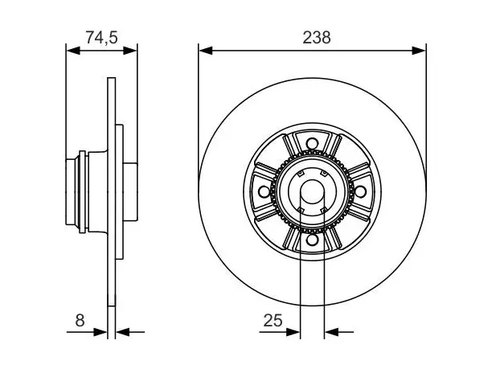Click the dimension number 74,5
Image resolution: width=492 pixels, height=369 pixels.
[x=101, y=37]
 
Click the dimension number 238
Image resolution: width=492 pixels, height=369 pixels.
[x=316, y=37]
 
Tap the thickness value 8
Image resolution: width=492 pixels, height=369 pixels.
[x=80, y=321]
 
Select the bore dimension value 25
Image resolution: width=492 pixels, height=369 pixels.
[x=273, y=321]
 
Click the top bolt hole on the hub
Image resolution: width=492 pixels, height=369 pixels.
[x=312, y=144]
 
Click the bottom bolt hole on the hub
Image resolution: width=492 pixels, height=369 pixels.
[x=312, y=240]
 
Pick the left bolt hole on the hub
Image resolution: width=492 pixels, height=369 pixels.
[x=264, y=191]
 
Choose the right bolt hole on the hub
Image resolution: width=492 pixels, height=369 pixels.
[x=360, y=191]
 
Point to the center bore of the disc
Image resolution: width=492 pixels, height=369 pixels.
[x=312, y=191]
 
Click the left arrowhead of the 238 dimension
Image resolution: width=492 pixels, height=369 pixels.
[x=206, y=50]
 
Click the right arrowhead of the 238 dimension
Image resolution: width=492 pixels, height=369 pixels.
[x=419, y=50]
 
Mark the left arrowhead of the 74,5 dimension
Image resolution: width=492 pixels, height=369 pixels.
[x=73, y=50]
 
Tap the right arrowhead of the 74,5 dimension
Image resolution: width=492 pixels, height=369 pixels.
[x=130, y=50]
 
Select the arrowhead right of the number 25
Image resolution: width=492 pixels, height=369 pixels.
[x=331, y=332]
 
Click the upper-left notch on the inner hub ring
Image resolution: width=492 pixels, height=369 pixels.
[x=301, y=174]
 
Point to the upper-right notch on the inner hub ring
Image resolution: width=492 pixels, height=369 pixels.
[x=323, y=174]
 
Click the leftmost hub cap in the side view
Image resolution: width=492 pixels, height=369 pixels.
[x=71, y=191]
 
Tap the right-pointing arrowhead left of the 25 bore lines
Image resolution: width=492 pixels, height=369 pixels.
[x=293, y=332]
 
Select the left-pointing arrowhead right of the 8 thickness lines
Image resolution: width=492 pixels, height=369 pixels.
[x=123, y=332]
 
